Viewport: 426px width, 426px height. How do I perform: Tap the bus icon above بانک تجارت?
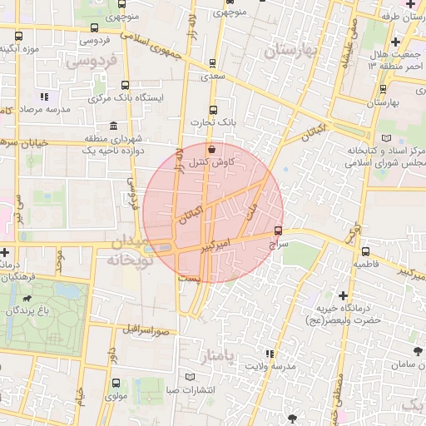tap(213, 110)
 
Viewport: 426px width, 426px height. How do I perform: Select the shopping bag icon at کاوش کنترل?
tap(211, 149)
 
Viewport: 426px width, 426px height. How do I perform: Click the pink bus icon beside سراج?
tap(278, 230)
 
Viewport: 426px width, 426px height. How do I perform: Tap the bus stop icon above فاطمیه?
tap(365, 250)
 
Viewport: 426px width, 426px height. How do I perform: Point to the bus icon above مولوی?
tap(115, 384)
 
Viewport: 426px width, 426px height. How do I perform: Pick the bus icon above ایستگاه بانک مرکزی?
tap(125, 85)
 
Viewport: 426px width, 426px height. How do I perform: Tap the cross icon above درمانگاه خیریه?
tap(343, 295)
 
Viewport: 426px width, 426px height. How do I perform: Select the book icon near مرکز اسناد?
tap(384, 137)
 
